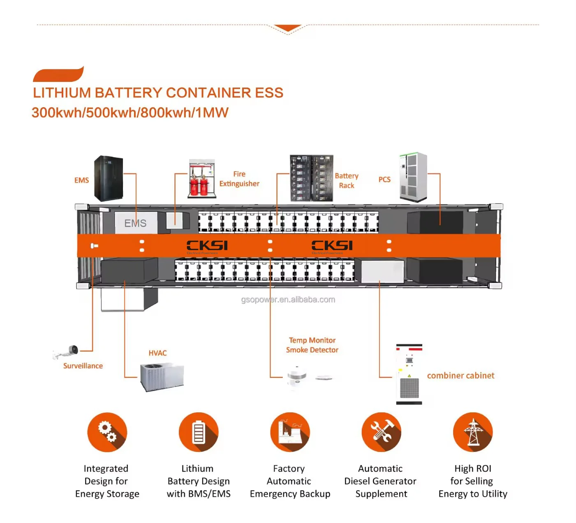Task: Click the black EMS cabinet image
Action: click(109, 178)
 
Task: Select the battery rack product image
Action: click(311, 178)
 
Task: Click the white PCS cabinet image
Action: click(413, 177)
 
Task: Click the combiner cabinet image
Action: click(409, 374)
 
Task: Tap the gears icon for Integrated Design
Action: click(107, 432)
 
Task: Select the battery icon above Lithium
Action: click(199, 432)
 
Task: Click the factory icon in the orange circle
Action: click(290, 432)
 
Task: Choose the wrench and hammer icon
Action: click(381, 432)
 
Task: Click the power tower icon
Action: click(473, 432)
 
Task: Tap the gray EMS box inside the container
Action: click(136, 223)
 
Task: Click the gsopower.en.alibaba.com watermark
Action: click(288, 300)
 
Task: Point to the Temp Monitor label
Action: click(312, 340)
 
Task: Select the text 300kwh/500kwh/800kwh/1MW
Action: click(130, 112)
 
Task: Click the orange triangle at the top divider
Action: click(288, 28)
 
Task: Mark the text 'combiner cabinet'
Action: click(460, 375)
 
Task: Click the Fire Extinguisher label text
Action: click(239, 179)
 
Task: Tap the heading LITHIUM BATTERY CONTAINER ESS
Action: click(158, 93)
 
